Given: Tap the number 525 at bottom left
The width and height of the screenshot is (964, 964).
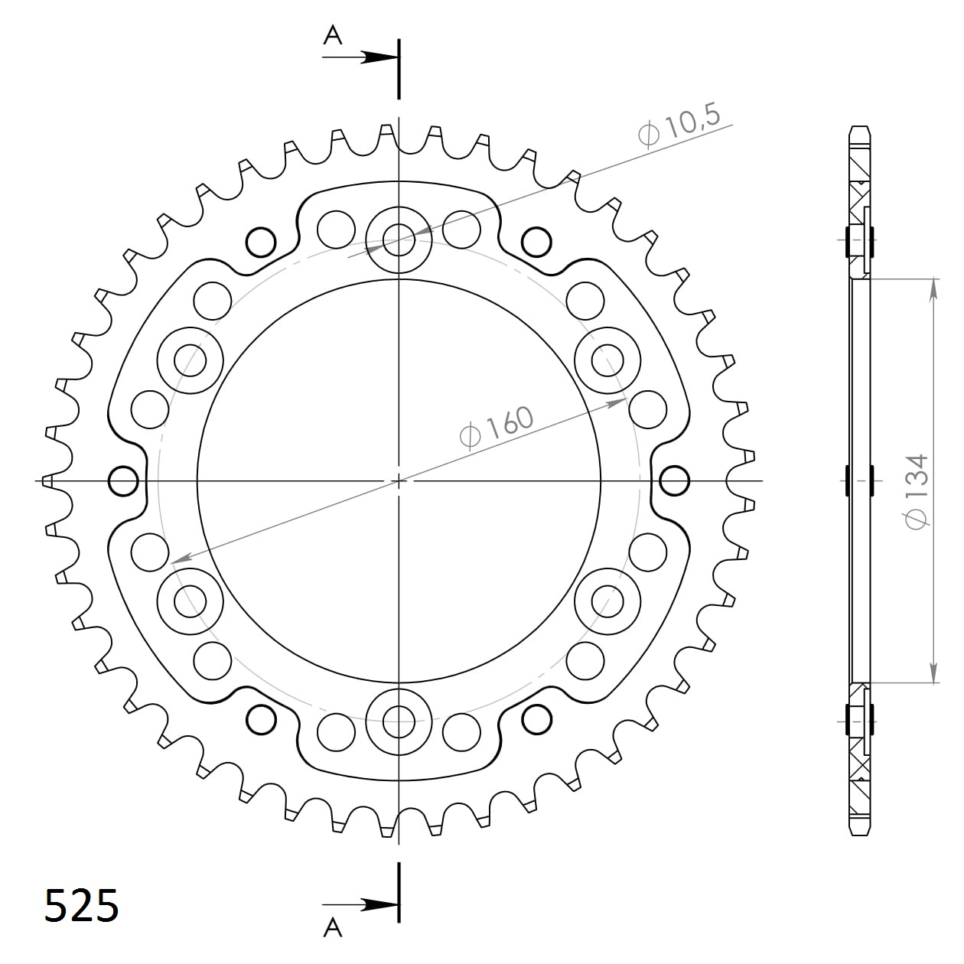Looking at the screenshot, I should point(81,906).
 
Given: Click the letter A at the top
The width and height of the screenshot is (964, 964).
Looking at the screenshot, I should point(332,34).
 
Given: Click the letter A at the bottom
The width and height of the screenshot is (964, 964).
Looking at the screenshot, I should point(332,927).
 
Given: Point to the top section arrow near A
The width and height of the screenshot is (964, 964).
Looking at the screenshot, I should point(376,57).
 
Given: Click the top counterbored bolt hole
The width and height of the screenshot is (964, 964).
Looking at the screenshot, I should point(398,240).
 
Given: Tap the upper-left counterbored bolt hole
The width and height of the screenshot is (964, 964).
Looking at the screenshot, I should point(190,360).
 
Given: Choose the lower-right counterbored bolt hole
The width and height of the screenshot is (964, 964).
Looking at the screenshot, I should point(607,601).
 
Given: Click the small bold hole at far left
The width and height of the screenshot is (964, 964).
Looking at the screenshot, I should point(123,481).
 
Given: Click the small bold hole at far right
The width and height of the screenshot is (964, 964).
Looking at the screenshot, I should point(673,481).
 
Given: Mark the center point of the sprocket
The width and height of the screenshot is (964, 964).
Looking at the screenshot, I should point(398,480).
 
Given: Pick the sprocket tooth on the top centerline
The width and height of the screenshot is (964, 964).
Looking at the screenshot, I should point(389,134).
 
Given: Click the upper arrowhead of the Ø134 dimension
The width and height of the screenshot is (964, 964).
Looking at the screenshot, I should point(933,288).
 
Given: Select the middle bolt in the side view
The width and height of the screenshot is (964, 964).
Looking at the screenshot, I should point(860,481).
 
